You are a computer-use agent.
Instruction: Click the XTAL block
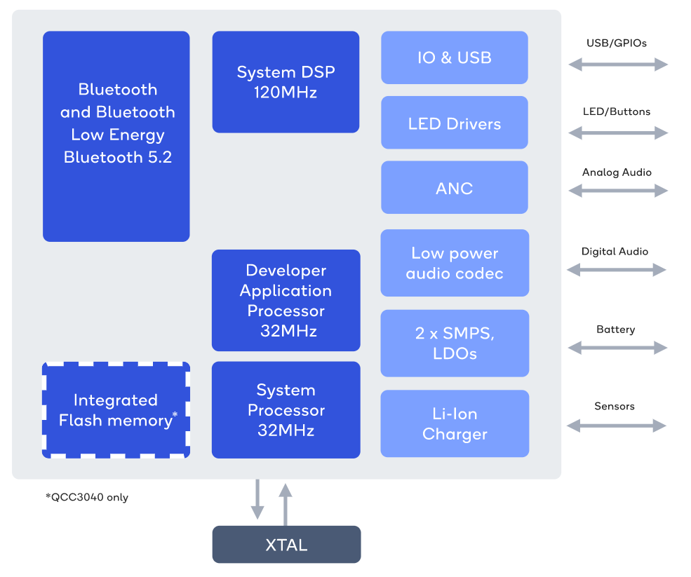coord(286,545)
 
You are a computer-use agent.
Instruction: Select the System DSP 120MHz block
coord(286,81)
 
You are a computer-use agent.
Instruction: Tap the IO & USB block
coord(454,57)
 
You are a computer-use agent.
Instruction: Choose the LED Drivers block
coord(454,123)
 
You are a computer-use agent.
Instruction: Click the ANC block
coord(454,187)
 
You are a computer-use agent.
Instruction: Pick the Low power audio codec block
coord(454,263)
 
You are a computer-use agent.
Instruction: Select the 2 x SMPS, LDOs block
coord(454,343)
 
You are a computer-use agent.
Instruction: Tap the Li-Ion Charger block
coord(454,423)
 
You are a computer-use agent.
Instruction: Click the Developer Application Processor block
coord(286,300)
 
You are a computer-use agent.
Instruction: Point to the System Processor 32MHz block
coord(286,409)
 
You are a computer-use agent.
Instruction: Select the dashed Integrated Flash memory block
coord(116,410)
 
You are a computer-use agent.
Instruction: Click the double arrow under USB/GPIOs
coord(617,65)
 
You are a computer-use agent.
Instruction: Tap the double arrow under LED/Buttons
coord(617,133)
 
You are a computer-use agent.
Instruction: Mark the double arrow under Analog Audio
coord(617,190)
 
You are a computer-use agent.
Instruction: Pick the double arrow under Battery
coord(617,347)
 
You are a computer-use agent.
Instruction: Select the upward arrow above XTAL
coord(285,503)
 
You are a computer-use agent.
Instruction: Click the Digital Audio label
coord(615,251)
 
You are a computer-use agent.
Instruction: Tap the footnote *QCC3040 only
coord(87,497)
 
